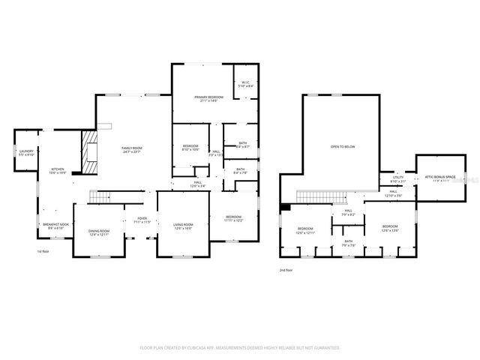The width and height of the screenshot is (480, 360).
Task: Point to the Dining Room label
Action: (x=99, y=231)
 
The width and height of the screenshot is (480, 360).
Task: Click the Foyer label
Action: (x=142, y=218)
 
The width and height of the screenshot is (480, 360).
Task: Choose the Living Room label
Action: (x=184, y=224)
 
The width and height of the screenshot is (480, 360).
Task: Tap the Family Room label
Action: (x=132, y=148)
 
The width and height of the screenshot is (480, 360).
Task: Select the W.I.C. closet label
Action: (x=246, y=84)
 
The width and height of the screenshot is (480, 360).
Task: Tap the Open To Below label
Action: (x=343, y=146)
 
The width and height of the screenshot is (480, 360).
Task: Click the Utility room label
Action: (x=397, y=178)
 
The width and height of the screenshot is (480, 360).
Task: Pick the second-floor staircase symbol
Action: (x=321, y=196)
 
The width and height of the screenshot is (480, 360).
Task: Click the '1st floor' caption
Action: (x=44, y=251)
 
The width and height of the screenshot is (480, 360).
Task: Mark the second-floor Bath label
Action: (x=348, y=241)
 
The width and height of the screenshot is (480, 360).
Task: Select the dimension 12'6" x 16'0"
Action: (x=184, y=228)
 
